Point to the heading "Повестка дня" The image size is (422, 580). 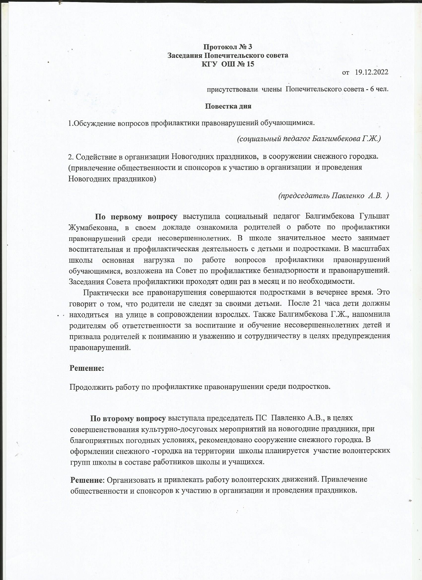(x=228, y=106)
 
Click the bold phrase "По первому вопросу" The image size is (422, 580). (x=136, y=217)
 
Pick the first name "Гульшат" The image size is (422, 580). (x=374, y=217)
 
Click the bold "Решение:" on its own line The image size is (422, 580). (x=87, y=368)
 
